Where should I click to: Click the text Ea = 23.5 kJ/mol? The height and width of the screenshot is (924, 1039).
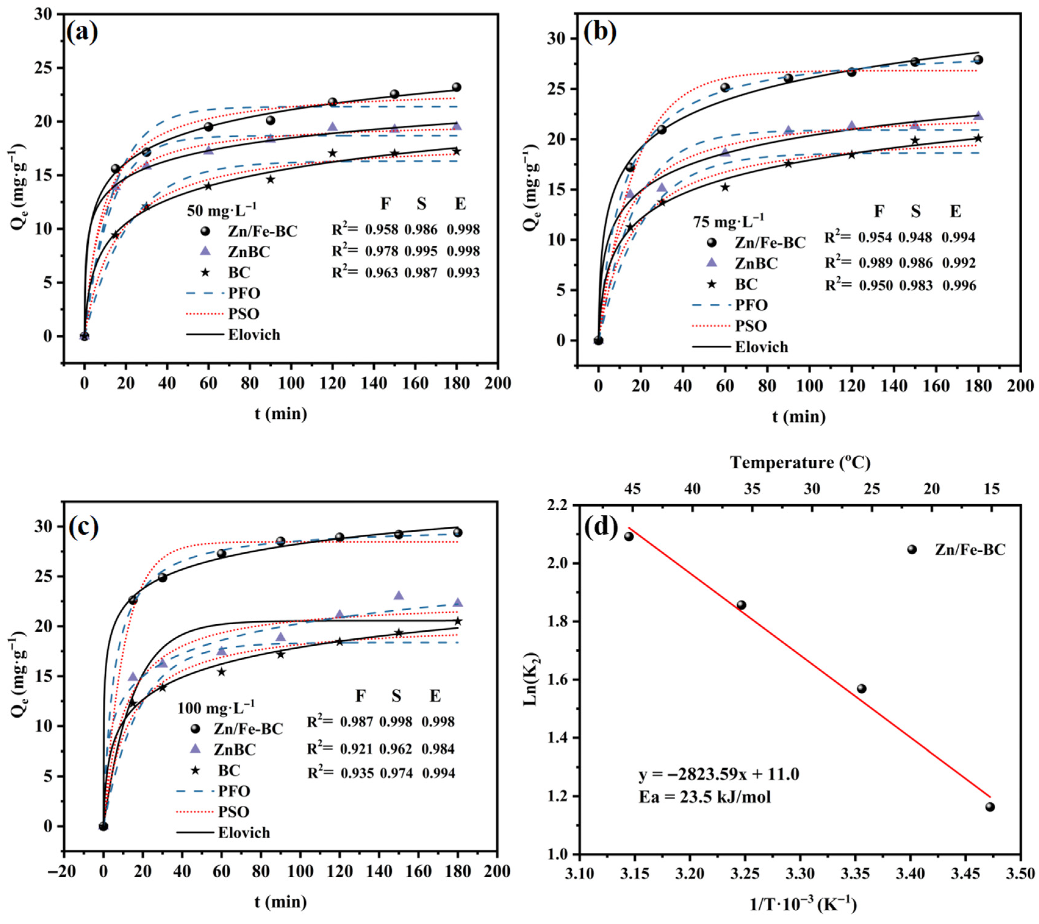click(704, 797)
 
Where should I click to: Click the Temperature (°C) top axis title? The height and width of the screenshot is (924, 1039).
click(800, 462)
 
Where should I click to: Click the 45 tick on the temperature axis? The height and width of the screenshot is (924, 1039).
click(632, 489)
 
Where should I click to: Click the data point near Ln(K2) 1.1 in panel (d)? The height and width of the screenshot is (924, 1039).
click(990, 807)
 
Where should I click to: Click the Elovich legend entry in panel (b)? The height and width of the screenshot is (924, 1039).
click(761, 347)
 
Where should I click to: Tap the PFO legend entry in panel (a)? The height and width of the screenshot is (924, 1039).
click(244, 293)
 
